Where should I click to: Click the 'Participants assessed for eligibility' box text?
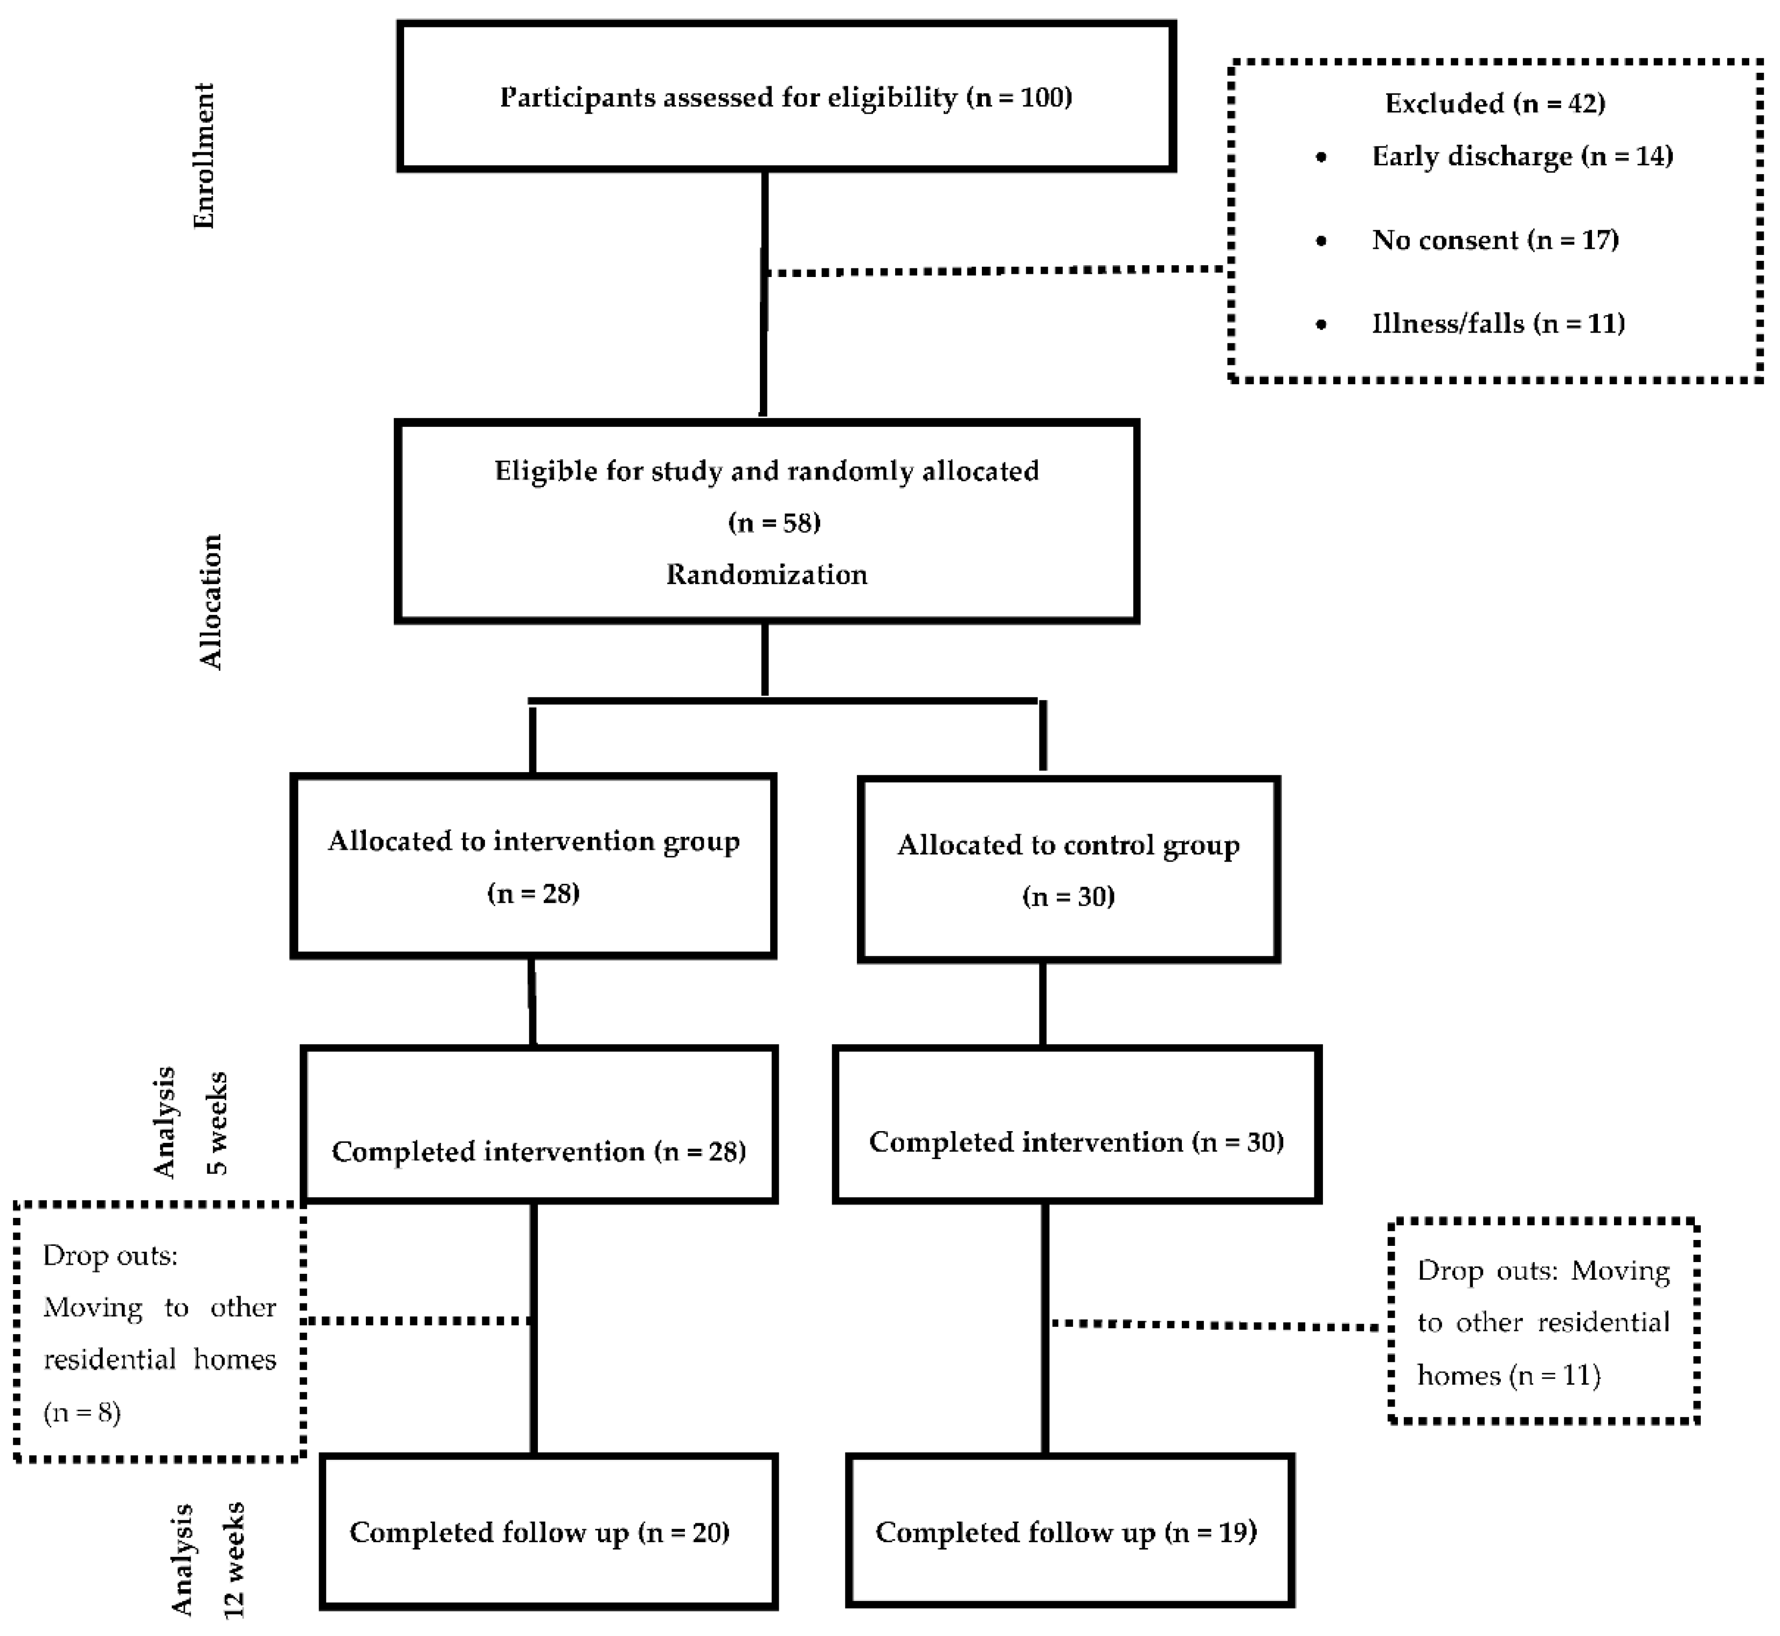[x=786, y=98]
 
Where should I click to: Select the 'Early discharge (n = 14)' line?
[x=1521, y=157]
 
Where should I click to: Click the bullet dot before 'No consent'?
[x=1321, y=241]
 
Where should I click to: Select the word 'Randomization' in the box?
[x=766, y=574]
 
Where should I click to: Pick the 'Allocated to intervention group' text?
[x=534, y=841]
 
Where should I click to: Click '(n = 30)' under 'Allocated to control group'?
[x=1068, y=897]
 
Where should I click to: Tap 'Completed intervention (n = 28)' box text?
[x=538, y=1152]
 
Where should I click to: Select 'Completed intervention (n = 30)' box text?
[x=1076, y=1142]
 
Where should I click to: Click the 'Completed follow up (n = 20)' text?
[x=539, y=1533]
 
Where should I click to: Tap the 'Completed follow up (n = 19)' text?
[x=1066, y=1533]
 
